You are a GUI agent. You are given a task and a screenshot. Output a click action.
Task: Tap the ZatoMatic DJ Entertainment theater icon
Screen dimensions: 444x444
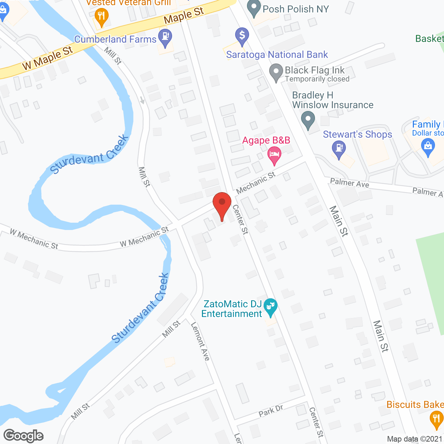pos(270,307)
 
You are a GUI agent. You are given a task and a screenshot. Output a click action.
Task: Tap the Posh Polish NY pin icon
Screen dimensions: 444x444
pos(254,8)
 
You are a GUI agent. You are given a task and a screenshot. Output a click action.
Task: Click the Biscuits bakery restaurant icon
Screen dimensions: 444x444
pos(436,419)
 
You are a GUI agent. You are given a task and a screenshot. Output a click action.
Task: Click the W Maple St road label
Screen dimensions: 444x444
pos(48,58)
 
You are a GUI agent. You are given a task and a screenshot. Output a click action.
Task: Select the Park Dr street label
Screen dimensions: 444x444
pos(271,411)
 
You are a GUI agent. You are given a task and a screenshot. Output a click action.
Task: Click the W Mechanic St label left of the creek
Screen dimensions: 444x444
pos(34,239)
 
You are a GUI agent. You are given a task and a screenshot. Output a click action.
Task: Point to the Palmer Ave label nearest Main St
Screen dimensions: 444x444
pos(349,183)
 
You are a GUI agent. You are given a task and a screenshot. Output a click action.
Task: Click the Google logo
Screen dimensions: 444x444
pos(24,436)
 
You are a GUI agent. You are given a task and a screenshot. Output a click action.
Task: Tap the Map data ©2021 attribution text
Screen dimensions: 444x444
pos(415,439)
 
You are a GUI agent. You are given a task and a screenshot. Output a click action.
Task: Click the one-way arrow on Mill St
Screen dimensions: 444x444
pos(143,100)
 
